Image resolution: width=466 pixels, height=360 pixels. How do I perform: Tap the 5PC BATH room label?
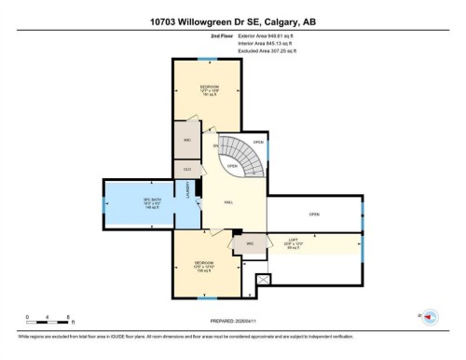127,205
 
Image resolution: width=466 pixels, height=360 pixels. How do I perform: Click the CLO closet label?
187,169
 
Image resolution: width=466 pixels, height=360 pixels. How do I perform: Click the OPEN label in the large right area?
314,214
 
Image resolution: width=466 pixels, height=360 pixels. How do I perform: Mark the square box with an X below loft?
263,279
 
